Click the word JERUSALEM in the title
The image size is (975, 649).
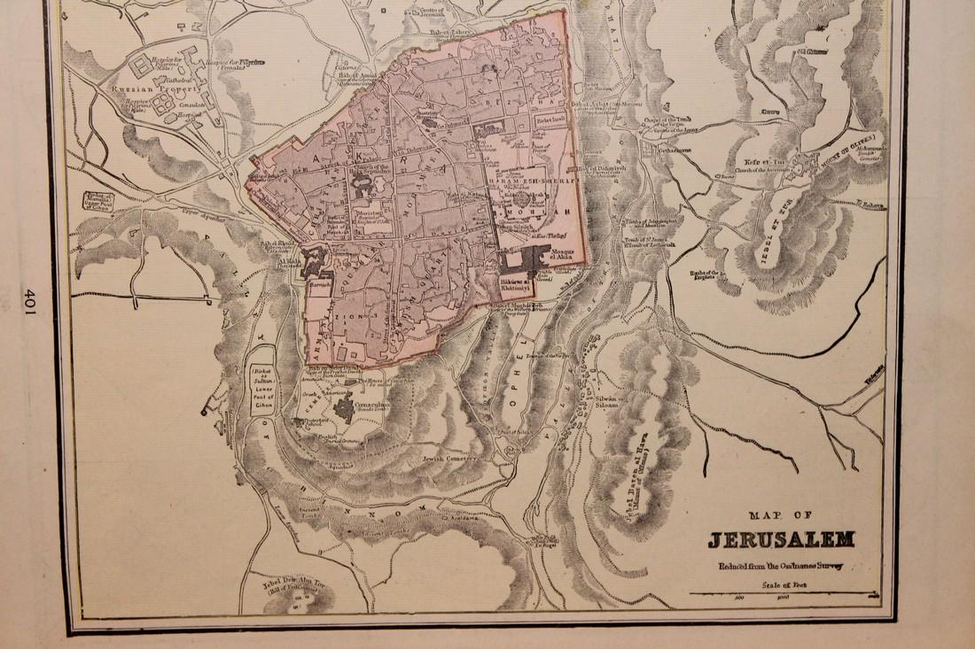tap(780, 539)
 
